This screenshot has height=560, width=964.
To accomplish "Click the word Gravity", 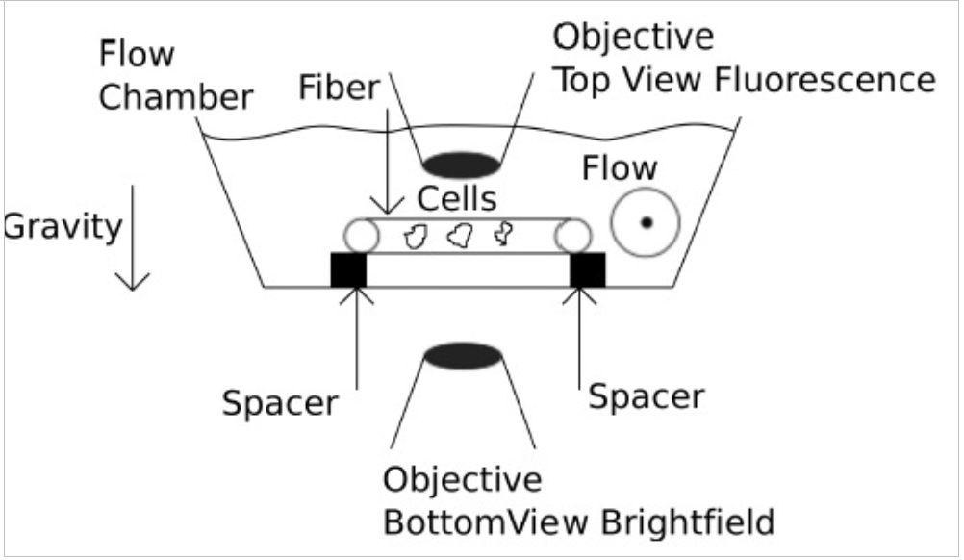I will (x=63, y=228).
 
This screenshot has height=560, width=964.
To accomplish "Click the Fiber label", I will (x=340, y=89).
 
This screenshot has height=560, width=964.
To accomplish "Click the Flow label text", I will (x=620, y=169).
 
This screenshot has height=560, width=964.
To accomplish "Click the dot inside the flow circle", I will (x=646, y=223).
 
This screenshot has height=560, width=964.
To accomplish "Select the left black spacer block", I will (x=349, y=270).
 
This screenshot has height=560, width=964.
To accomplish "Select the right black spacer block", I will (x=587, y=270).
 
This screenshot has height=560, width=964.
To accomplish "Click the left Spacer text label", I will (x=280, y=402).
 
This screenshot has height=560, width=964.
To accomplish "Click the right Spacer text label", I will (x=647, y=395).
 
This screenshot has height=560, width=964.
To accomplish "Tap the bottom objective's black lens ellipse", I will (x=463, y=357).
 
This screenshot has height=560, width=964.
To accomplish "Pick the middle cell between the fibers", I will (x=460, y=235).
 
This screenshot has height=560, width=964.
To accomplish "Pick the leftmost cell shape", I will (x=418, y=236).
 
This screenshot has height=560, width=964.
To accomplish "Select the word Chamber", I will (x=177, y=97).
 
